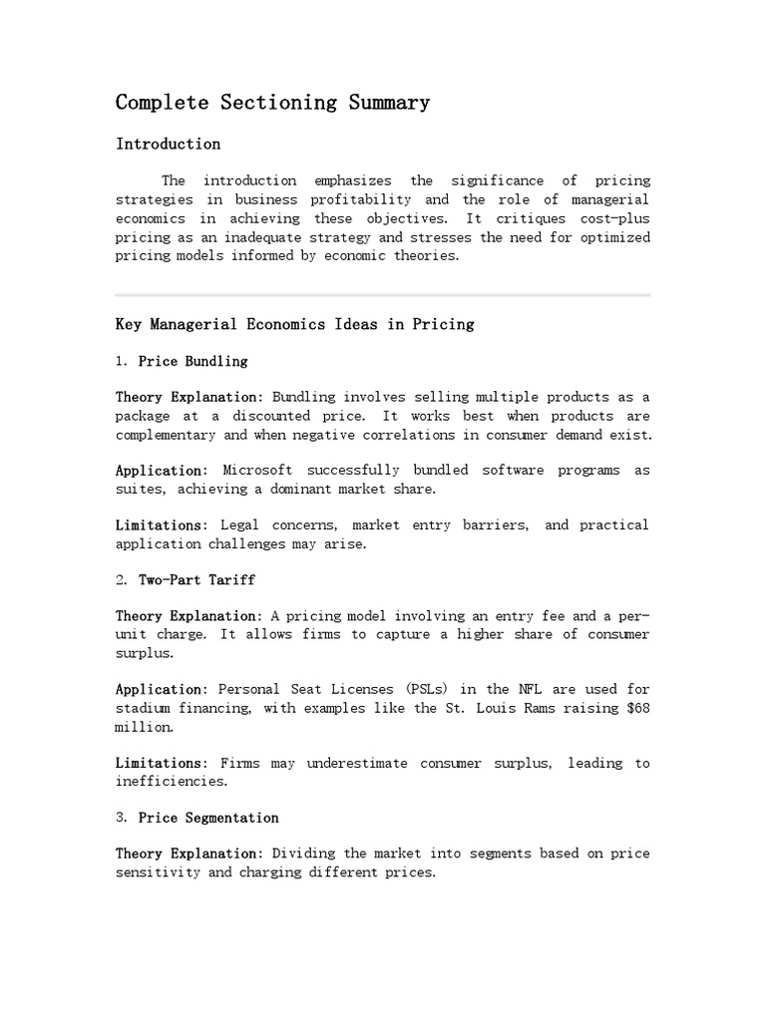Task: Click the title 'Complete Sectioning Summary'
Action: pyautogui.click(x=272, y=102)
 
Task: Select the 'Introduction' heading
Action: pyautogui.click(x=168, y=144)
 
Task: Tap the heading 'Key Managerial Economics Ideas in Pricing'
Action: pyautogui.click(x=294, y=324)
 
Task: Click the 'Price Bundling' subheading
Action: pyautogui.click(x=192, y=361)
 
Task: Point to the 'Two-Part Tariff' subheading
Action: pyautogui.click(x=196, y=579)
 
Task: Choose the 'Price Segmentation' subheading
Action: pyautogui.click(x=208, y=818)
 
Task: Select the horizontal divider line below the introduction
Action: pyautogui.click(x=383, y=295)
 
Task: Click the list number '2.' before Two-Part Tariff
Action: pyautogui.click(x=122, y=579)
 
